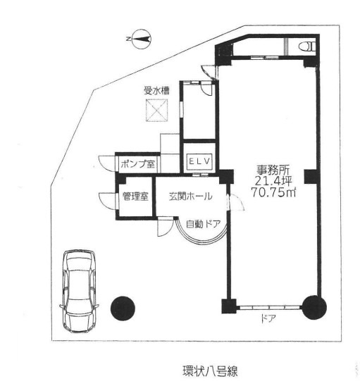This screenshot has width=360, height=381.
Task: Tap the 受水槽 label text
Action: coord(156,91)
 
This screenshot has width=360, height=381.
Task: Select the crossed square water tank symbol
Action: coord(157,111)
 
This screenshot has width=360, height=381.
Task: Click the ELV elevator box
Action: coord(199,161)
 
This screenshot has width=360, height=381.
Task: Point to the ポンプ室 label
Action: coord(137,164)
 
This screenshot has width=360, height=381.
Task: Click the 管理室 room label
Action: coord(135,196)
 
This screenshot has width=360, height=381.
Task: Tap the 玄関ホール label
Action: coord(191,196)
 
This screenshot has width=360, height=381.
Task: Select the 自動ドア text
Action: coord(203,224)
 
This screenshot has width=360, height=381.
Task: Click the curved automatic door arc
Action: coord(202,242)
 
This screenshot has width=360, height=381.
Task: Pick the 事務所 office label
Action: coord(273,170)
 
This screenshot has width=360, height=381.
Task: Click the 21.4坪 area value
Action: coord(273,181)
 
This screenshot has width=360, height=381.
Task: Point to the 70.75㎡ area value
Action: coord(273,192)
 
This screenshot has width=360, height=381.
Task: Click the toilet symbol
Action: coord(307,46)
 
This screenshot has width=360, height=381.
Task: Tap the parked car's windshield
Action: coord(79,265)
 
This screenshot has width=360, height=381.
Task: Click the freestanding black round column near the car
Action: coord(123,308)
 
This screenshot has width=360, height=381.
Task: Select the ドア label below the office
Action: coord(268,318)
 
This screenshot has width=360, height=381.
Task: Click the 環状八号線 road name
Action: coord(210,371)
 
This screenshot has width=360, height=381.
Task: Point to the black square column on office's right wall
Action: coord(311,177)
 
